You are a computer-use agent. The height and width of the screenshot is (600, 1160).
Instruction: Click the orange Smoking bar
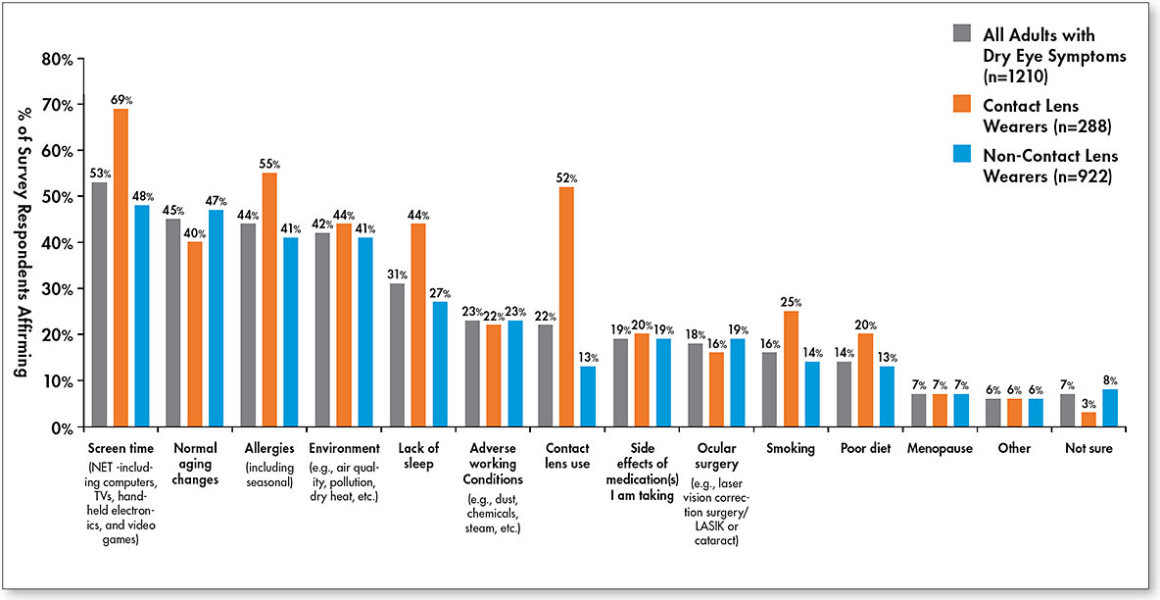pyautogui.click(x=791, y=369)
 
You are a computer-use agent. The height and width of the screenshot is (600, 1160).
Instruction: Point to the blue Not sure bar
pyautogui.click(x=1109, y=407)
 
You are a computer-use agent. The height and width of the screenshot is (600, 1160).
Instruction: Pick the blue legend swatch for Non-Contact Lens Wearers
pyautogui.click(x=961, y=155)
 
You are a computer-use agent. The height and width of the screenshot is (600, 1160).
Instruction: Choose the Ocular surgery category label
pyautogui.click(x=714, y=456)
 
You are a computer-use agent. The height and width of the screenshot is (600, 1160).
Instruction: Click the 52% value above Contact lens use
pyautogui.click(x=567, y=178)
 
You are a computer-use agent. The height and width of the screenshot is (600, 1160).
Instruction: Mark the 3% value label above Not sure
pyautogui.click(x=1088, y=404)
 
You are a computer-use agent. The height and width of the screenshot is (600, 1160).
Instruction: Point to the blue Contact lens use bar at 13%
pyautogui.click(x=588, y=396)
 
